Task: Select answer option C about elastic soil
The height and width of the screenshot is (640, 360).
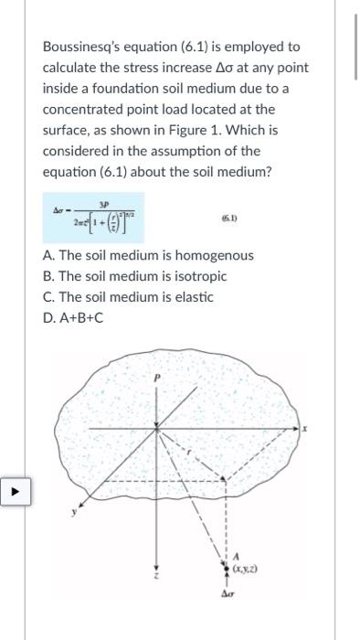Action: [128, 296]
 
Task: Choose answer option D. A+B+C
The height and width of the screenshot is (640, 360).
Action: [75, 317]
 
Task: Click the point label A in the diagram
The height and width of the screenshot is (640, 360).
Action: [237, 557]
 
